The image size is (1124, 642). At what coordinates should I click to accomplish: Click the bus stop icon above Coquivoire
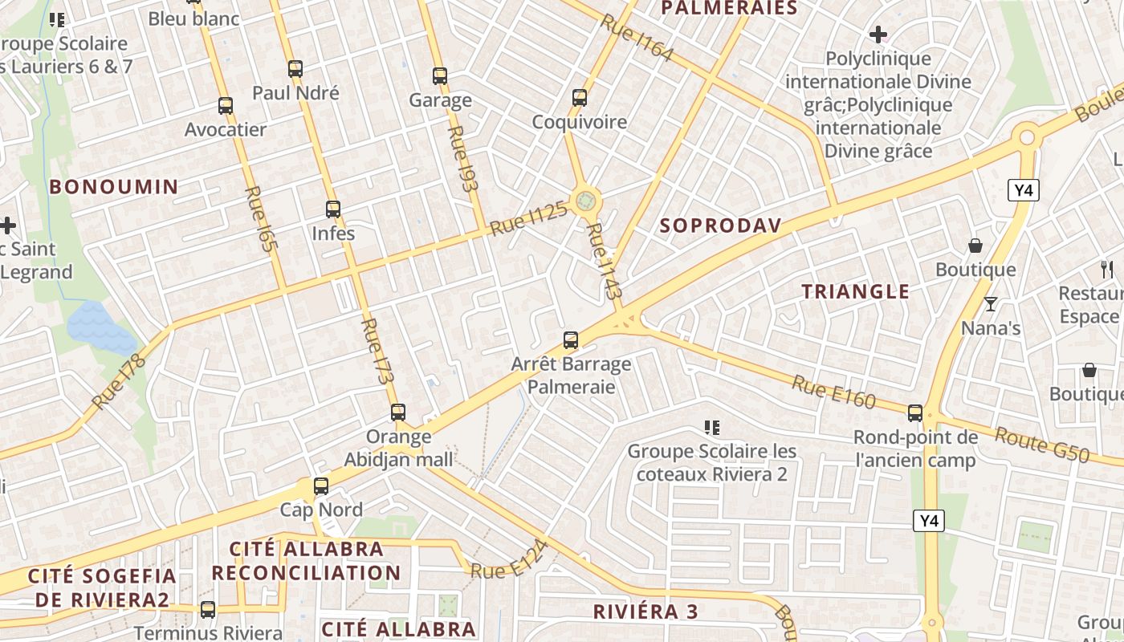[x=580, y=98]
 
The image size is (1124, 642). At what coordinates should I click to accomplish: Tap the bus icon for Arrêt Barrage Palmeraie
[x=571, y=340]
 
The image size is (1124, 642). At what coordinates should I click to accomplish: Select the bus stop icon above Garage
[x=440, y=76]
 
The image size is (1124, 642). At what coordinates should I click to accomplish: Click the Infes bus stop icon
[x=333, y=209]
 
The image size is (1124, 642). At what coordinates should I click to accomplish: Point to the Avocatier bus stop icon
[x=226, y=105]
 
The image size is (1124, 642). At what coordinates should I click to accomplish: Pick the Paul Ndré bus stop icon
[x=295, y=69]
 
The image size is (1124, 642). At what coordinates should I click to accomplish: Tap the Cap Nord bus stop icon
[x=321, y=486]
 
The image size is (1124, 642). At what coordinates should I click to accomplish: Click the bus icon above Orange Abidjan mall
[x=398, y=412]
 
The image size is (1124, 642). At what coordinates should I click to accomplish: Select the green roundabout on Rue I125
[x=586, y=199]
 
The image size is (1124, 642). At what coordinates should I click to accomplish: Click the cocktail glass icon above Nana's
[x=991, y=304]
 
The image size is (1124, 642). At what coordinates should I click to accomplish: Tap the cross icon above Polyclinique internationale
[x=878, y=35]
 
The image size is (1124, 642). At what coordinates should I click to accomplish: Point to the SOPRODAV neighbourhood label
[x=720, y=226]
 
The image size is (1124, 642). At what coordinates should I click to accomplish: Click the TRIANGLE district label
[x=856, y=291]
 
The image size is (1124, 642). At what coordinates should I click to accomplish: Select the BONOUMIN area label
[x=114, y=187]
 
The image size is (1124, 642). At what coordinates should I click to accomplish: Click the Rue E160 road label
[x=833, y=392]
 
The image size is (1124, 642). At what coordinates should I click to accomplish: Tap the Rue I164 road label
[x=636, y=38]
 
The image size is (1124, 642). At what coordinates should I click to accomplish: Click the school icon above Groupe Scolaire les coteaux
[x=711, y=427]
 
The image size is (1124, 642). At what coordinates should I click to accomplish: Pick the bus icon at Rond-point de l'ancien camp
[x=915, y=413]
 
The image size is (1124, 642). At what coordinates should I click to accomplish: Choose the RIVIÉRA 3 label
[x=645, y=612]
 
